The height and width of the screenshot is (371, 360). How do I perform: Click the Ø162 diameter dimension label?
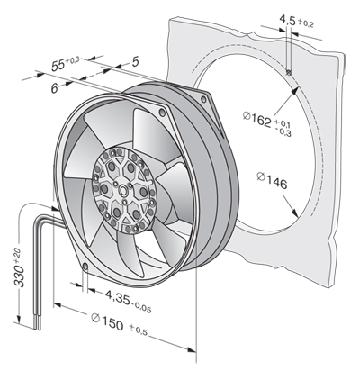pos(257,119)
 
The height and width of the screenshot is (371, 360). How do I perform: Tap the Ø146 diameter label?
pos(273,180)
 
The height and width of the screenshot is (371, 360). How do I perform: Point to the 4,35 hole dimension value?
pos(118,296)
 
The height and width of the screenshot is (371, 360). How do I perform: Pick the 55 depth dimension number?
pos(58,66)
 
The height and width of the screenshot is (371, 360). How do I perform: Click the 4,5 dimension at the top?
pos(288,20)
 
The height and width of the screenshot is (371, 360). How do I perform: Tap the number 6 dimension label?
pos(54,88)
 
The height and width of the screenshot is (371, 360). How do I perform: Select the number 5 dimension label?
pos(136,62)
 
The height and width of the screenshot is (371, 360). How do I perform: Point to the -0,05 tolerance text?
pos(141,307)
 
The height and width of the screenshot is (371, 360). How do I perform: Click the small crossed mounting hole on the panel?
pos(289,73)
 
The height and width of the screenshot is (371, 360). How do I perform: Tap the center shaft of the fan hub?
pos(123,190)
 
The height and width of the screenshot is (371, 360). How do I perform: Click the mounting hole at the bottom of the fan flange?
pos(85,267)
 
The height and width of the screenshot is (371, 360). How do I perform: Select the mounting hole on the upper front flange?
pos(162,113)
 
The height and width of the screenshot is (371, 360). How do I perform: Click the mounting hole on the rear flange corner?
pos(204,99)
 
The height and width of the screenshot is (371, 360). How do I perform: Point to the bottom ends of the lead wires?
pos(38,325)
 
